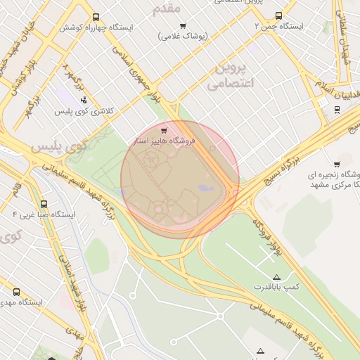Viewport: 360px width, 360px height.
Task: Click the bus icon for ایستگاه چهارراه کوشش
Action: (96, 18)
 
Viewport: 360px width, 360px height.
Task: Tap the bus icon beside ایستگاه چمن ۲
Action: (279, 15)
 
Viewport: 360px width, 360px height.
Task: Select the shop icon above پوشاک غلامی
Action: (183, 27)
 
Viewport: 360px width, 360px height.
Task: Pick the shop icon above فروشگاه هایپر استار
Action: (165, 130)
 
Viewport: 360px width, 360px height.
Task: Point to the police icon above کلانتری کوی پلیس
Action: (84, 100)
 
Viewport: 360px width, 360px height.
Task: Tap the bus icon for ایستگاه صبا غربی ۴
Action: (44, 204)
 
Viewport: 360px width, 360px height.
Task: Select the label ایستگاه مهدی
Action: (21, 302)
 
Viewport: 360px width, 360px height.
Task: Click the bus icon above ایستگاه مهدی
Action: (16, 292)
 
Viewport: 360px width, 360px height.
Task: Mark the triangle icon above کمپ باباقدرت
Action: (276, 277)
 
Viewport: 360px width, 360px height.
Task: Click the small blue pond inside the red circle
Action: (205, 188)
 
